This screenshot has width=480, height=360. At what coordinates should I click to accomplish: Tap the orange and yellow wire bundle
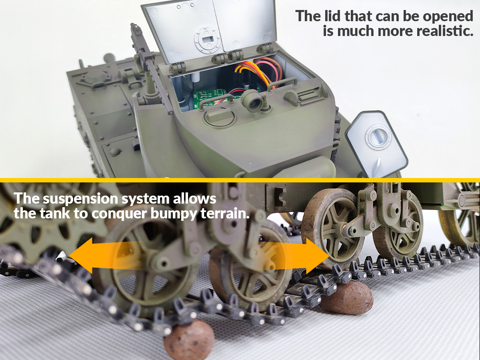pos(250,72)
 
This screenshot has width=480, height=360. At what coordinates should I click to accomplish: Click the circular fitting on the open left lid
pos(207,40)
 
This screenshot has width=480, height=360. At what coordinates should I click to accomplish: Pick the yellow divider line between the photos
pos(240,180)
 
